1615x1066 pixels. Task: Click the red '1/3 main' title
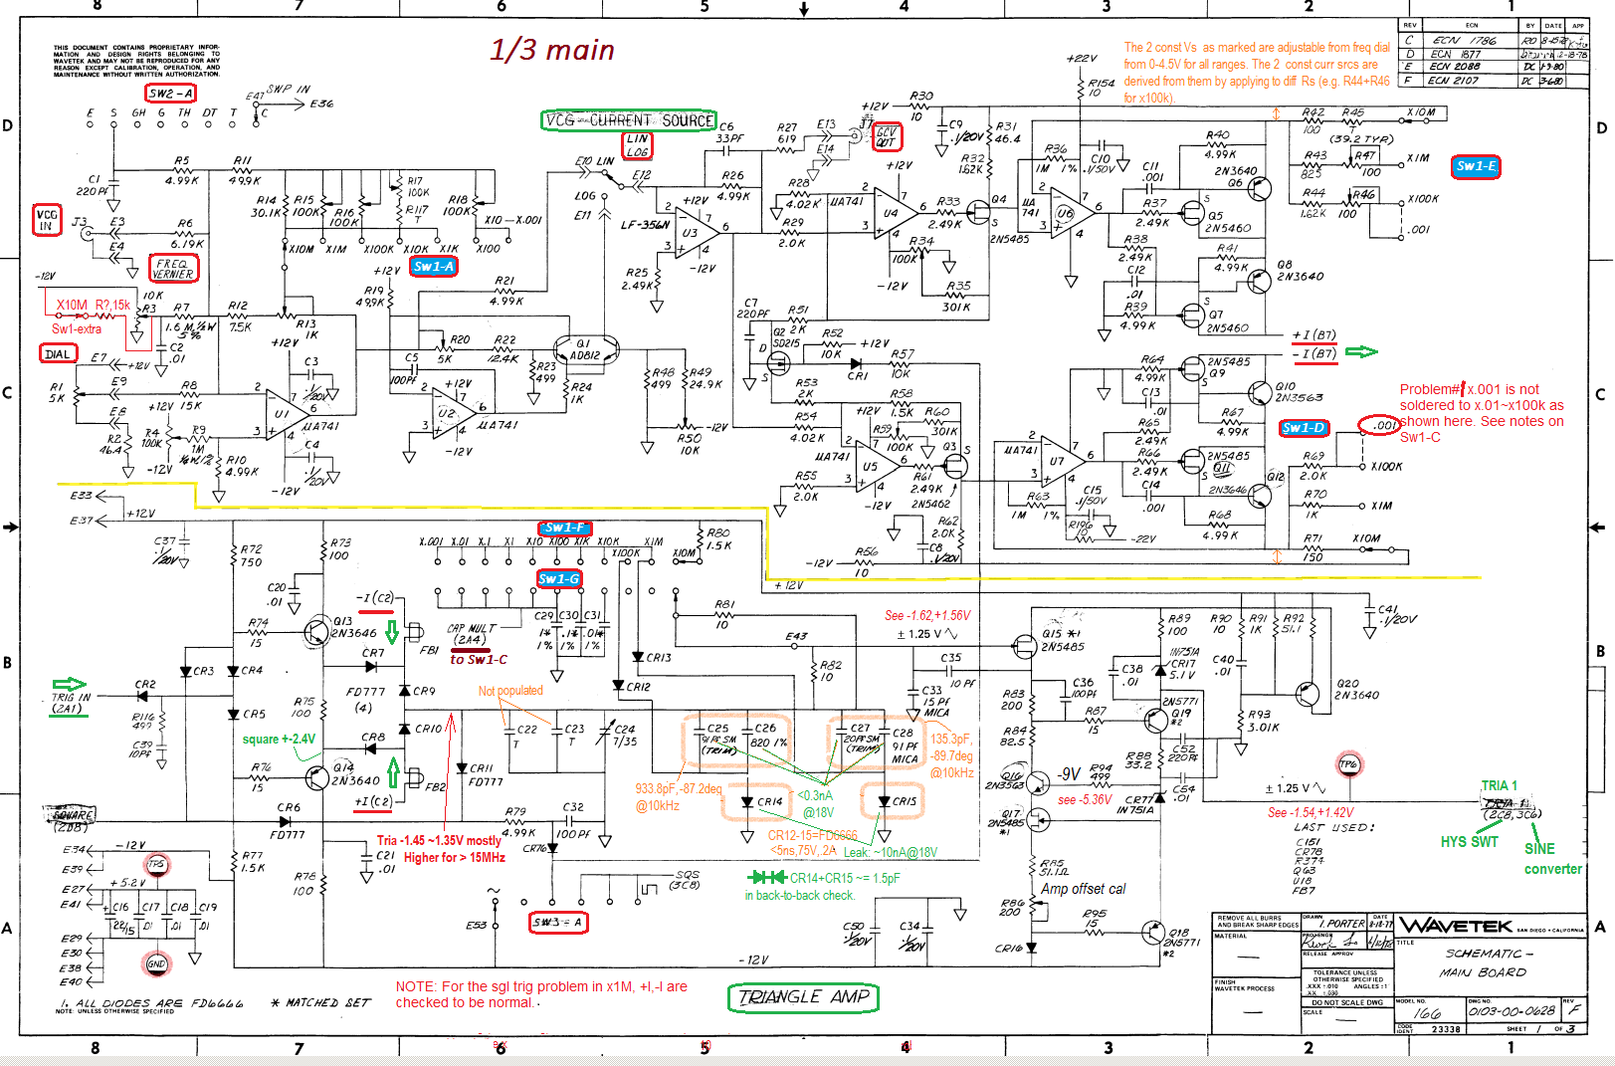coord(552,50)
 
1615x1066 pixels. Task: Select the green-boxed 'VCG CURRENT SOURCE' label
coord(629,120)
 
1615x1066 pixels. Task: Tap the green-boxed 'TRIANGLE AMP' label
coord(803,997)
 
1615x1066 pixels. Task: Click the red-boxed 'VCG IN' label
coord(47,220)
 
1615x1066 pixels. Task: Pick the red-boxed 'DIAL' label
coord(58,353)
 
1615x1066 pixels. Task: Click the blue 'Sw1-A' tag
coord(433,267)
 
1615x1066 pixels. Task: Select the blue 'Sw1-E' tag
coord(1476,166)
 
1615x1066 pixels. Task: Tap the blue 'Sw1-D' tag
coord(1304,428)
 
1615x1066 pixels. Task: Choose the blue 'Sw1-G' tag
coord(558,578)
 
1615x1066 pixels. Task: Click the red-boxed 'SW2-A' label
coord(170,94)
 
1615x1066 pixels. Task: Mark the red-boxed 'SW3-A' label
coord(558,923)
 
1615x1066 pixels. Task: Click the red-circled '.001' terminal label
coord(1380,425)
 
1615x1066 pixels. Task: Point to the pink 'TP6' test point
coord(1348,764)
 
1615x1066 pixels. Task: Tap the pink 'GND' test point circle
coord(156,963)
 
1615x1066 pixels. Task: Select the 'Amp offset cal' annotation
coord(1083,889)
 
